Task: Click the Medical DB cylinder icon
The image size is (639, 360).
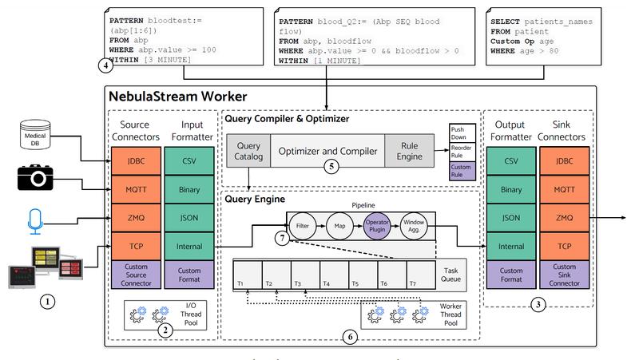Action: coord(35,134)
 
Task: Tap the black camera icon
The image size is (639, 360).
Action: coord(35,177)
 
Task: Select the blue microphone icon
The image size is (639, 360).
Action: coord(35,222)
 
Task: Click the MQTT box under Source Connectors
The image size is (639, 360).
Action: coord(136,189)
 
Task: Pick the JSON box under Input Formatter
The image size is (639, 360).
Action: coord(189,218)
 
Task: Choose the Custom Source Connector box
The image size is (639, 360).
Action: coord(136,275)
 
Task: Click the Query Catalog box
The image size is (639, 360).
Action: coord(248,151)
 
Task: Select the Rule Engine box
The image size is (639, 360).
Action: coord(409,151)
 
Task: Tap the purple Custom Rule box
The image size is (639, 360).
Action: coord(462,171)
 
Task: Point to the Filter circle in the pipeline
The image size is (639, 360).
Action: coord(303,226)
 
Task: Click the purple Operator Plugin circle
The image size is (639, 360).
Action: coord(377,226)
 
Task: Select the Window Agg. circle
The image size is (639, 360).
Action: coord(414,226)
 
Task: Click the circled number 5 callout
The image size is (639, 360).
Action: coord(331,166)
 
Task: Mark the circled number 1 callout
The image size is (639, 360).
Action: coord(48,302)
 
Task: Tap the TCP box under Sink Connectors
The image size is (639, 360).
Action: coord(565,247)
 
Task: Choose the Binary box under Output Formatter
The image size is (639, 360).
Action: coord(511,189)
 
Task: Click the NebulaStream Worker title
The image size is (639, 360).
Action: coord(177,97)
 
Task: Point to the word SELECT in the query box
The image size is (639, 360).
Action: coord(505,22)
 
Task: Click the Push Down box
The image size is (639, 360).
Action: coord(462,133)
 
